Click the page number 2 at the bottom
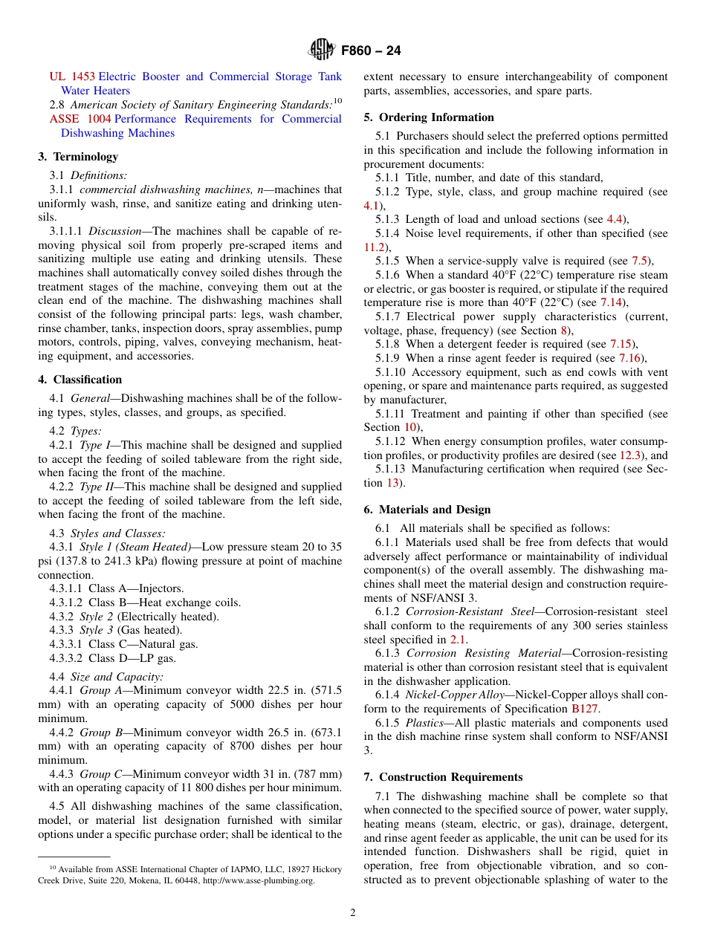click(353, 913)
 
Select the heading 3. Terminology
click(78, 157)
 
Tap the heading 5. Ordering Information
click(429, 117)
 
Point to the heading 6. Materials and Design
click(427, 510)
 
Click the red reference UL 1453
click(72, 77)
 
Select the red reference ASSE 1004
click(80, 119)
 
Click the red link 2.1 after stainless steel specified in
click(458, 639)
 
